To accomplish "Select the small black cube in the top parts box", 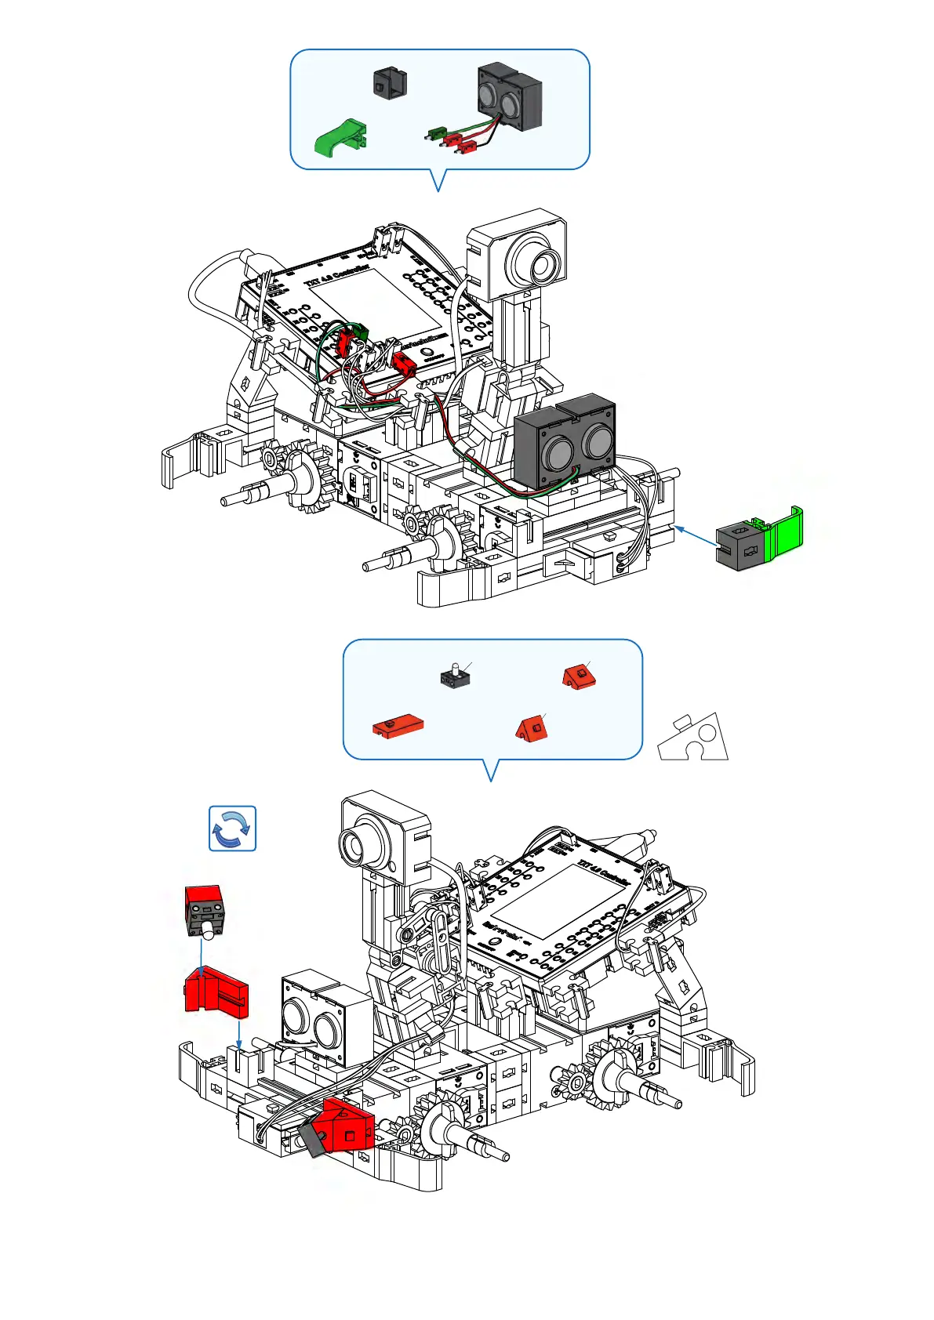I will click(390, 82).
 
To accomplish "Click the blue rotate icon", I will click(232, 828).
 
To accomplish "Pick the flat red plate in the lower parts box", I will click(398, 724).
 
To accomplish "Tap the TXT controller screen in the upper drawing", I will click(376, 303).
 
